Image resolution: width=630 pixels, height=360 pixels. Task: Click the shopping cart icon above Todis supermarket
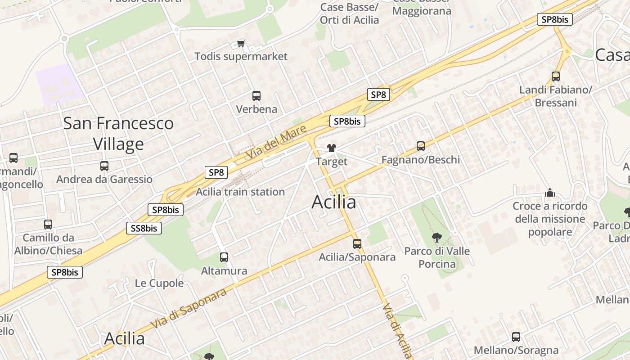[241, 43]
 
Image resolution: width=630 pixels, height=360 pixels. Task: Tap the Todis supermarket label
[241, 56]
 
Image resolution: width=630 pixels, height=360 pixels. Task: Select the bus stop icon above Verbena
[256, 96]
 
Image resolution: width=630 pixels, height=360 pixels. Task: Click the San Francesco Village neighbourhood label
[118, 133]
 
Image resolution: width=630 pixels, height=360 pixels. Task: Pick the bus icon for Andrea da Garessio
[104, 166]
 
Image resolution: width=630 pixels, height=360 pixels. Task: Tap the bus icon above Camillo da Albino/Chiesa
[48, 224]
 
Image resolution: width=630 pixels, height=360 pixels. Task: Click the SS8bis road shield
[144, 228]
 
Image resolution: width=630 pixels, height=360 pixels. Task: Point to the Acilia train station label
[240, 192]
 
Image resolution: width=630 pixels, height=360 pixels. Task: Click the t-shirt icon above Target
[332, 148]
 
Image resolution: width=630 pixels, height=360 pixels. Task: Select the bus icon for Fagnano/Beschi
[421, 146]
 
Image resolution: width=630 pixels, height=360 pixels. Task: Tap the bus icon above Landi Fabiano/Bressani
[556, 76]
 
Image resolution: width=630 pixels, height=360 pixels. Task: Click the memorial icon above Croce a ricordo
[550, 193]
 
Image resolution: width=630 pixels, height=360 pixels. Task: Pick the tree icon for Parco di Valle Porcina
[436, 237]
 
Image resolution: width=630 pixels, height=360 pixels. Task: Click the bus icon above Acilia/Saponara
[357, 244]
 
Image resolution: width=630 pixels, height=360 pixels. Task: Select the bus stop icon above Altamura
[224, 257]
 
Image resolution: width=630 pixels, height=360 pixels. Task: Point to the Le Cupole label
[159, 283]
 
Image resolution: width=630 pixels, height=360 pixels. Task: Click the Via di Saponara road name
[189, 309]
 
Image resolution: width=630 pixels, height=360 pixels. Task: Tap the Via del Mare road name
[276, 142]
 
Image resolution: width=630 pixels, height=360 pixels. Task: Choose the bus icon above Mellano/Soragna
[516, 337]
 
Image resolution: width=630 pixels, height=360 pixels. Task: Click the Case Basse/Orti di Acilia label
[349, 13]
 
